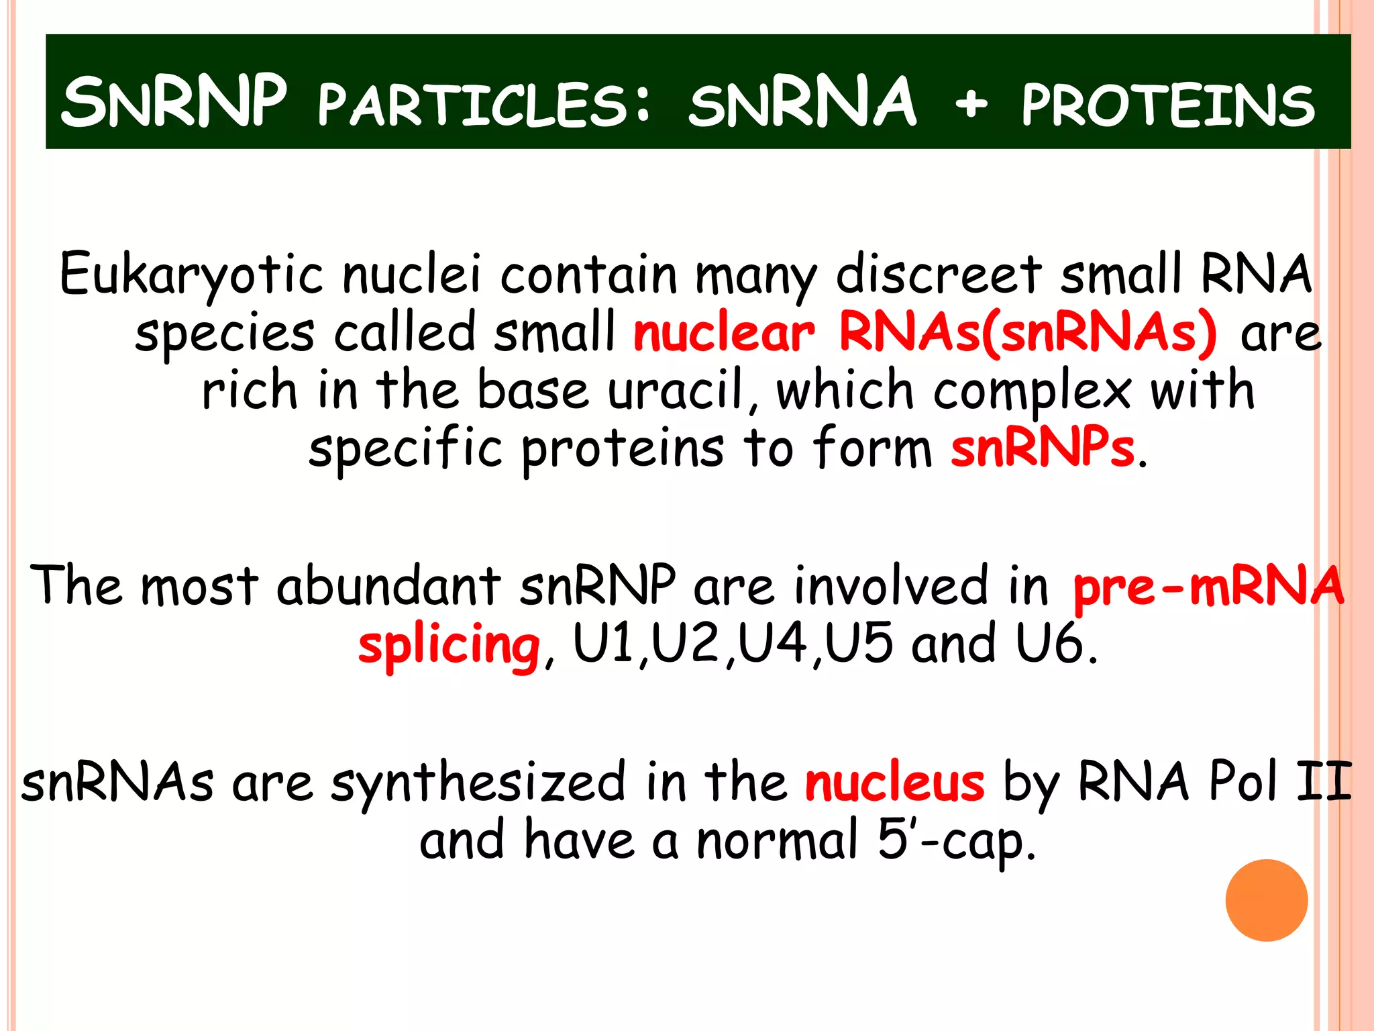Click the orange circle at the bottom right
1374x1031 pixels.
point(1266,900)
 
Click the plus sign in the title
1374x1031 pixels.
point(971,104)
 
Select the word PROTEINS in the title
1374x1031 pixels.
point(1167,105)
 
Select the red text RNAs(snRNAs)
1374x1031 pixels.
point(1027,332)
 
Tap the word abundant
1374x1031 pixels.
point(388,585)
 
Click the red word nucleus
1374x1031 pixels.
point(894,782)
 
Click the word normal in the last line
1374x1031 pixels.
point(778,840)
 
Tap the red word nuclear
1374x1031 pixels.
point(723,332)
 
